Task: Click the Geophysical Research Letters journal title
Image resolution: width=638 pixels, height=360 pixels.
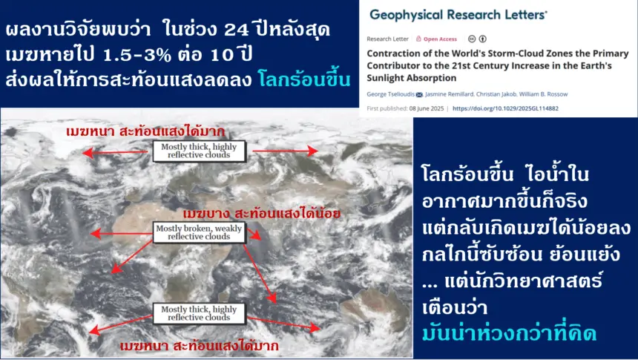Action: [458, 15]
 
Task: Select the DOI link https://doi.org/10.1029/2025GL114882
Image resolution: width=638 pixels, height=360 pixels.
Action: [505, 108]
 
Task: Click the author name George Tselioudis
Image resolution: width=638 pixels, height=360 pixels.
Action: [390, 94]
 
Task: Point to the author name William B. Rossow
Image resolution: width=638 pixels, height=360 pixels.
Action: [543, 94]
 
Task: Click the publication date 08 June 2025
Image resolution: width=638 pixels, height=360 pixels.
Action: [427, 108]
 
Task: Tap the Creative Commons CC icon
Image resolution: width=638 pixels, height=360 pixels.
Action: [472, 39]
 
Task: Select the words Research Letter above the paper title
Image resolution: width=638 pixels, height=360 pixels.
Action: [387, 39]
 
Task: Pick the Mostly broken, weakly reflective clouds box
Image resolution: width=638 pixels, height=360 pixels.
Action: [199, 232]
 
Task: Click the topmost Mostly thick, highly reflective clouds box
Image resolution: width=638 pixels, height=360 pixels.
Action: [199, 151]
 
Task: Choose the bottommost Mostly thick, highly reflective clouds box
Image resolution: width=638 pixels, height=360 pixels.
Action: [199, 313]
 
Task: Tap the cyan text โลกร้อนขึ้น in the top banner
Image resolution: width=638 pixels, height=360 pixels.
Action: [304, 79]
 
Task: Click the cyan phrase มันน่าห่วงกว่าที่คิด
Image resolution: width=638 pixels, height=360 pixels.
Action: [509, 333]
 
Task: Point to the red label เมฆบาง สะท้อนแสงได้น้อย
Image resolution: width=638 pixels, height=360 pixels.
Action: [262, 213]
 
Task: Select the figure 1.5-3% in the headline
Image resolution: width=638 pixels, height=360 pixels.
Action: [137, 55]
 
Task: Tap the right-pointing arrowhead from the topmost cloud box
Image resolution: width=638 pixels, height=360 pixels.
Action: [312, 151]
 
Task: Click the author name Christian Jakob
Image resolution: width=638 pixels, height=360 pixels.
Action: [496, 94]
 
